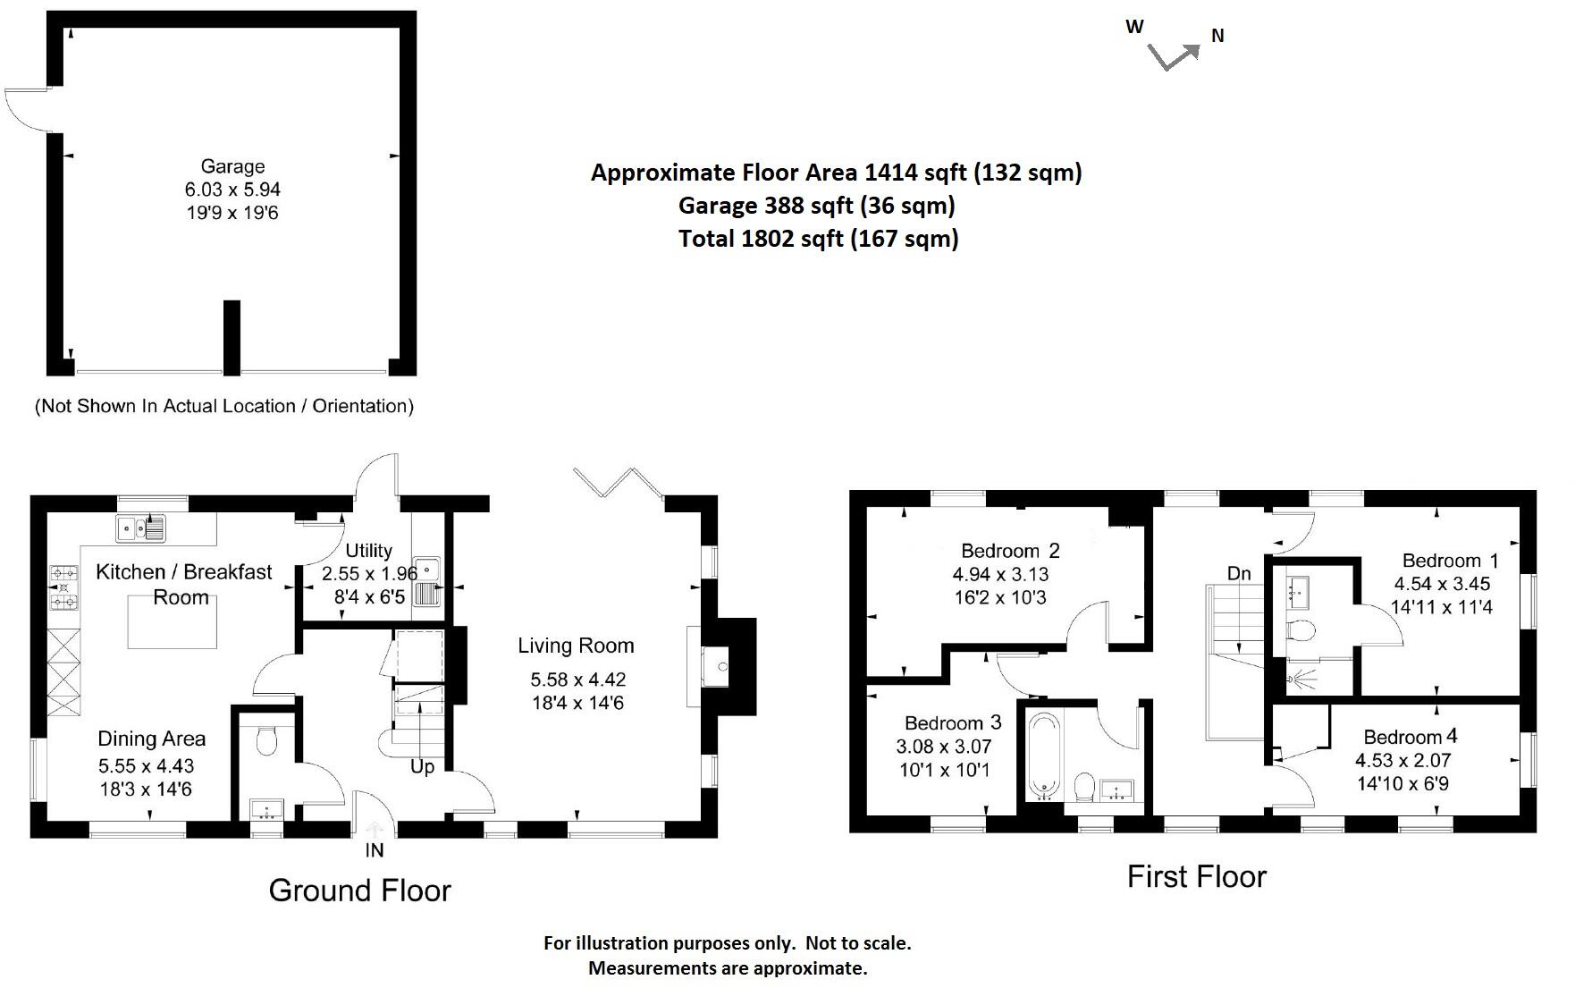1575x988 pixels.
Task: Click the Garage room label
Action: [232, 166]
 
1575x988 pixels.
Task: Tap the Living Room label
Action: [576, 646]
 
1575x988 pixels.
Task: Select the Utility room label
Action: [368, 551]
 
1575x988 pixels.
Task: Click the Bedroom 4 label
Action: [1410, 737]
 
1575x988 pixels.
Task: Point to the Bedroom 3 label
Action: [953, 722]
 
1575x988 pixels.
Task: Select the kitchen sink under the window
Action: [141, 528]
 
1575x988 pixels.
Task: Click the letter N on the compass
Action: [1217, 36]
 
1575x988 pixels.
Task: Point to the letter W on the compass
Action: [1134, 27]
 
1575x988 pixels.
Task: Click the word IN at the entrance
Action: [375, 850]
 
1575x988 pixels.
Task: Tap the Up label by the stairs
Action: [422, 767]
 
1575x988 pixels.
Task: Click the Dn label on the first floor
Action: [1239, 573]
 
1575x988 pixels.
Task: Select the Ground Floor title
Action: [359, 891]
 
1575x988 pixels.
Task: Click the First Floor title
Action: [1196, 876]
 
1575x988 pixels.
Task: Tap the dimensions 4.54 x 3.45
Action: [1442, 584]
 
